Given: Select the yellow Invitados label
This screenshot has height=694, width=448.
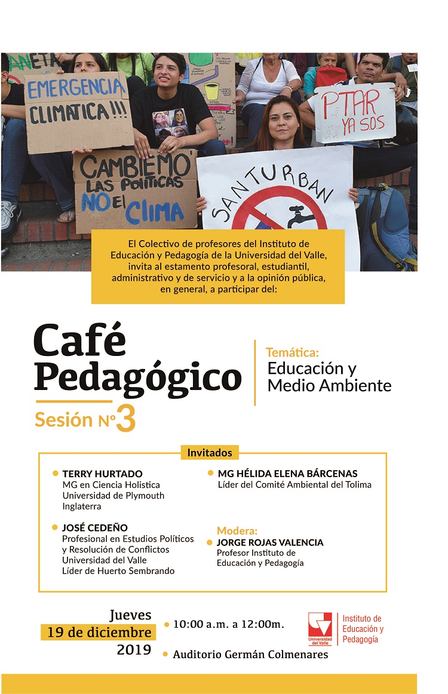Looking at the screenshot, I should [x=210, y=452].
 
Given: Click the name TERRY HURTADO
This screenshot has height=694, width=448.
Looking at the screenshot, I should [x=102, y=474].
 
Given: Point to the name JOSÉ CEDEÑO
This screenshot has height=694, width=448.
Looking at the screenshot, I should [x=95, y=527].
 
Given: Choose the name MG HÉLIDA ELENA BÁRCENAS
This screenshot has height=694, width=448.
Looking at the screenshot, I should [x=287, y=474].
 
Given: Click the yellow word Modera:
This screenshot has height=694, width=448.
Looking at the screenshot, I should [x=237, y=531].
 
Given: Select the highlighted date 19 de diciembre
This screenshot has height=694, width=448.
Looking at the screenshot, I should [x=99, y=632].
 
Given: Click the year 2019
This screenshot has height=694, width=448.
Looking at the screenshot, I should [x=134, y=650].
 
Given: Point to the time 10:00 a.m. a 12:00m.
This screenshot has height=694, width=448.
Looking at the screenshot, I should [x=228, y=625].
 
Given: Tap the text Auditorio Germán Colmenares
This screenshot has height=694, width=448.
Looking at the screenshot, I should [x=250, y=655].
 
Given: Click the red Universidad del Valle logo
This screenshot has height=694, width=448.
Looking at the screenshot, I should [x=320, y=628].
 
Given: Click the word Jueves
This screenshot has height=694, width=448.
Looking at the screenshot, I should [x=130, y=615].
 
